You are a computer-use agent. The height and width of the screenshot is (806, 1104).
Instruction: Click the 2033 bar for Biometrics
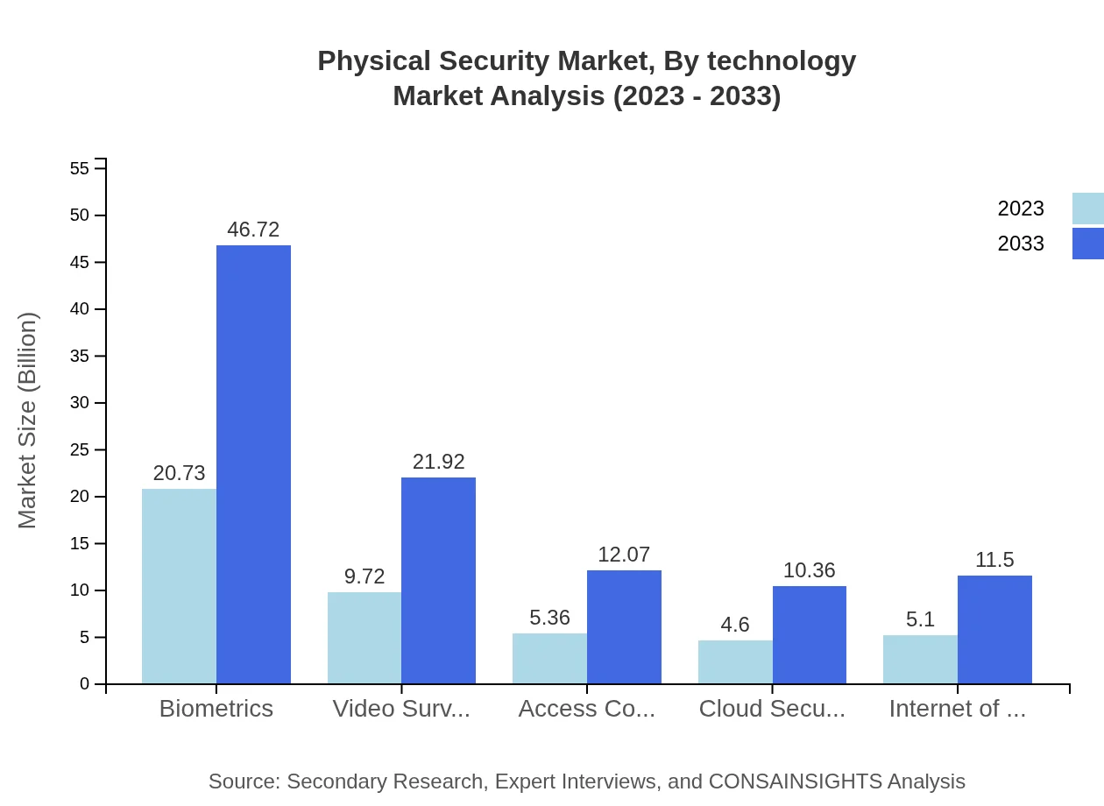[253, 464]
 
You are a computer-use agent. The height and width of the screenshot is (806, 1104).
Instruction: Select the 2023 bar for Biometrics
[179, 586]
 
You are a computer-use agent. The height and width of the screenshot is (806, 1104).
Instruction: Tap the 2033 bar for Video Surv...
[438, 580]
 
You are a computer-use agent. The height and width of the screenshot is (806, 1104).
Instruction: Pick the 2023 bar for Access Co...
[549, 658]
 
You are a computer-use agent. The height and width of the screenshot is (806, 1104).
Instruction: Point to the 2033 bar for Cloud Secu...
[810, 634]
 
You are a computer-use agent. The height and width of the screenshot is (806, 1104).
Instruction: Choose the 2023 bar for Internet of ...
[920, 659]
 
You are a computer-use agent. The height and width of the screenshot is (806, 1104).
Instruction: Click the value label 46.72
[253, 230]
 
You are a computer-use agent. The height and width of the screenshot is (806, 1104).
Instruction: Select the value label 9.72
[364, 576]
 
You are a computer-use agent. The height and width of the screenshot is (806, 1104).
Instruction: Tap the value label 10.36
[809, 570]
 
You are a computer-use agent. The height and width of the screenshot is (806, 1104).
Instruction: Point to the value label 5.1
[920, 619]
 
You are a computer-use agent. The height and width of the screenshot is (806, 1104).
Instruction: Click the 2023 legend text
[1021, 209]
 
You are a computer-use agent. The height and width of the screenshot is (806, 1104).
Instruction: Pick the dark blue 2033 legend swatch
[1087, 244]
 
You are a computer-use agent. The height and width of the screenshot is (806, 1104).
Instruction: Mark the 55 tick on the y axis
[80, 168]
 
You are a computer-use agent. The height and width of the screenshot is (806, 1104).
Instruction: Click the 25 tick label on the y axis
[80, 449]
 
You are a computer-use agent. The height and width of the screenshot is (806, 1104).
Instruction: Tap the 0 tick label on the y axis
[85, 683]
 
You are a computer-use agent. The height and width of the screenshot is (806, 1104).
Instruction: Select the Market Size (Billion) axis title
[28, 421]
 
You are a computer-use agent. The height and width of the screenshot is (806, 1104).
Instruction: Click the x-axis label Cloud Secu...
[772, 709]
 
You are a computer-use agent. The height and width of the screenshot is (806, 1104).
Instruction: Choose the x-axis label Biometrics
[216, 709]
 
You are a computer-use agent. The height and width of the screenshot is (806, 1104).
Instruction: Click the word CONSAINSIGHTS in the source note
[795, 781]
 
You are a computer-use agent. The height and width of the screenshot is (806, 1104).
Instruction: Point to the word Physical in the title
[374, 61]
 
